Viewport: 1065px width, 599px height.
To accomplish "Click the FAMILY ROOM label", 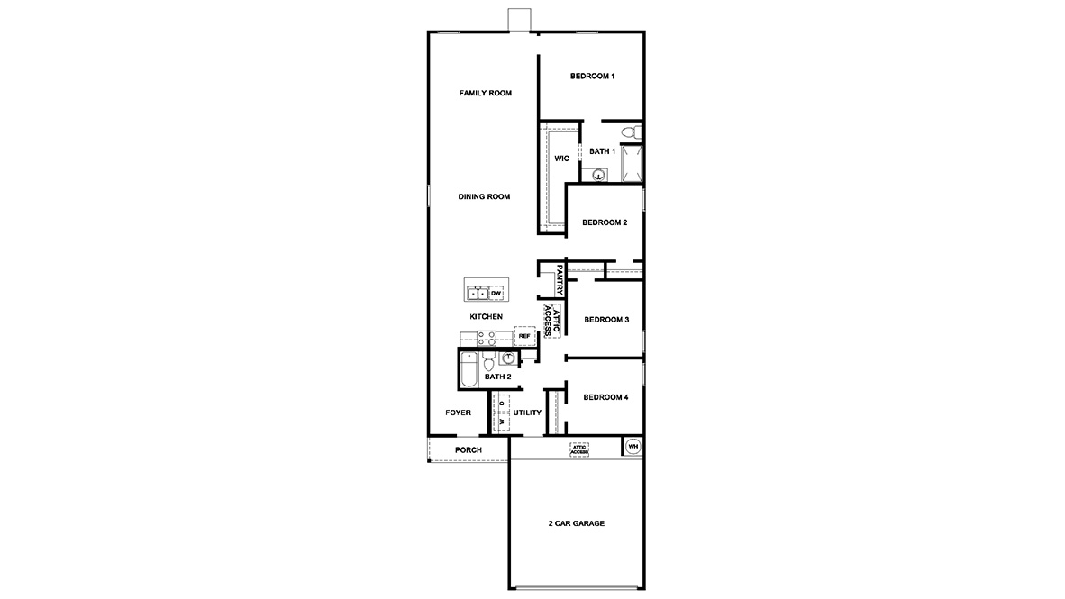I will tap(486, 93).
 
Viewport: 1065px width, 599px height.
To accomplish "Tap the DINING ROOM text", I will tap(484, 196).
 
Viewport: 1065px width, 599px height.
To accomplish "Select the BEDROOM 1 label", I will tap(592, 77).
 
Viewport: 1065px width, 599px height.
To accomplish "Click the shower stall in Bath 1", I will tap(632, 163).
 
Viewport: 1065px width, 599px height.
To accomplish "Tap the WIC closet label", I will tap(561, 158).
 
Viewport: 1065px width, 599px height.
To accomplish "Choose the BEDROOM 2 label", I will tap(604, 222).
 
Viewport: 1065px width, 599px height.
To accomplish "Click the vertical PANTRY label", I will tap(560, 280).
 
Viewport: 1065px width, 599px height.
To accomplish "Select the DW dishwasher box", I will tap(496, 294).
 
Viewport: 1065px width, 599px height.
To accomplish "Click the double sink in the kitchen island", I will tap(478, 294).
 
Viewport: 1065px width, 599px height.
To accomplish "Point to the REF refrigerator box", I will tap(524, 336).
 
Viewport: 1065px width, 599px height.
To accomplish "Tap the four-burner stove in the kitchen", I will tap(486, 338).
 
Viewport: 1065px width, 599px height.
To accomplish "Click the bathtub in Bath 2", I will tap(469, 369).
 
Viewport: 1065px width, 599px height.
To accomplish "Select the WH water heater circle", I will tap(633, 446).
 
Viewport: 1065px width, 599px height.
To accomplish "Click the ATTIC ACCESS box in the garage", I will tap(578, 449).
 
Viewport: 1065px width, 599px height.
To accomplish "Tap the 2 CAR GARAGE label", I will tap(576, 523).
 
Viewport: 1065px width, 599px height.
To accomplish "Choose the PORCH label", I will tap(468, 449).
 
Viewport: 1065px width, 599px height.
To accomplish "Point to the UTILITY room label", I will tap(527, 413).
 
